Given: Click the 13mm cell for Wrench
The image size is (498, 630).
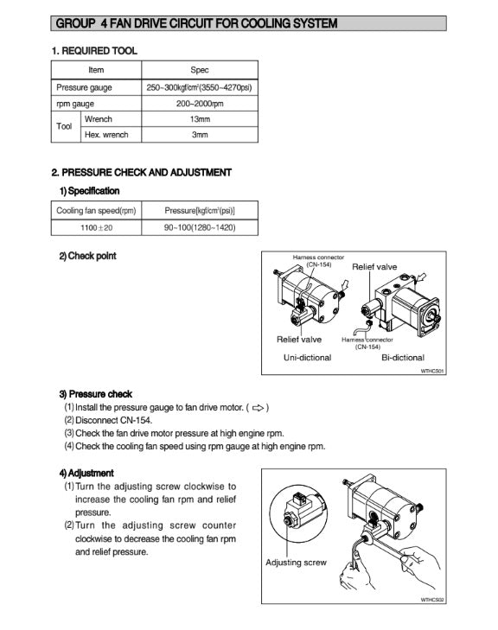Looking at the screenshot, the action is pos(200,119).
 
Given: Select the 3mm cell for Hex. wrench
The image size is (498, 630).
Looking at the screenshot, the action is pos(200,135).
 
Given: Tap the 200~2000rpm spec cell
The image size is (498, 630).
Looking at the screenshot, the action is pos(200,104).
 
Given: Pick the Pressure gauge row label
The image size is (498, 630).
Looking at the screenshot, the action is pos(84,87).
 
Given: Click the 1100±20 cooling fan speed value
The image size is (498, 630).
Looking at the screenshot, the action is pos(97,228).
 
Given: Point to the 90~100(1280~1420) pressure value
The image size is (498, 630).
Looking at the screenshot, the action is pos(200,228).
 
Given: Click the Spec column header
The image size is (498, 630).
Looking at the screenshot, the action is pos(200,70).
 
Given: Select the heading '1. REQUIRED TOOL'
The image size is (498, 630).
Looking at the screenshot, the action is pos(94,51).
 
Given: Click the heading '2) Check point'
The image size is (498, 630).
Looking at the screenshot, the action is pos(87,256).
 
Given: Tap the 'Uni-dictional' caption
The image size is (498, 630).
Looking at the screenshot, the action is pos(308,358).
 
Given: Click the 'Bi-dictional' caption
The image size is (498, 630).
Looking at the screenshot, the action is pos(403,358).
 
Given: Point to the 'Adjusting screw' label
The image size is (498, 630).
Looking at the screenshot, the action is pos(296,563).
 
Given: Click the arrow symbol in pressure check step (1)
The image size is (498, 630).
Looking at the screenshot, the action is pos(258,408).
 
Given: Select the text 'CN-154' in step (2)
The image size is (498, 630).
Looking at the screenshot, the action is pos(137,421).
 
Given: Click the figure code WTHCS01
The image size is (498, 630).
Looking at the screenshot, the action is pos(432,372).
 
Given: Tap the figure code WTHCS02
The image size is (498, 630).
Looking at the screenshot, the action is pos(432,600).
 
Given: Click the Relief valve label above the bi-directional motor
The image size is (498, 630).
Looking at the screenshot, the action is pos(374,267).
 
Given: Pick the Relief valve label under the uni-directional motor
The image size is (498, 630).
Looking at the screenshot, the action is pos(299,340).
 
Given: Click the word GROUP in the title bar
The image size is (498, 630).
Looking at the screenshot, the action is pos(75,23).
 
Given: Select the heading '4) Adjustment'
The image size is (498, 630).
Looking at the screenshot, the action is pos(86,474).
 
